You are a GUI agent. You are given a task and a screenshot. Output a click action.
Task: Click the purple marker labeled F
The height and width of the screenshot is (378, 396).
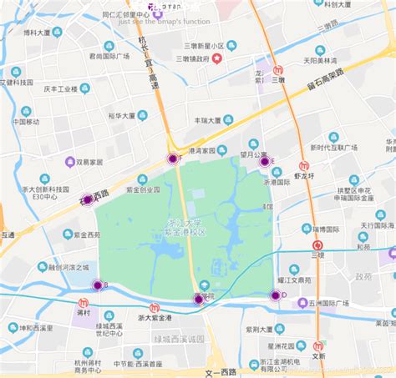(x=173, y=159)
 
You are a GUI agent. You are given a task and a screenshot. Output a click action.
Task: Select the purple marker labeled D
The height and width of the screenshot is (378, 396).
(x=276, y=295)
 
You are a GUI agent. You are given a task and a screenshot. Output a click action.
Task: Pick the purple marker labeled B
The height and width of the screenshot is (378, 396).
(x=97, y=285)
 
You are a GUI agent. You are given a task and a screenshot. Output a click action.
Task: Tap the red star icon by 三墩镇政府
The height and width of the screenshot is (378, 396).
(x=216, y=58)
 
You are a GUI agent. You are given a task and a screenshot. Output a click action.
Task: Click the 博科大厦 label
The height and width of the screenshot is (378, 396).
(x=37, y=33)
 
